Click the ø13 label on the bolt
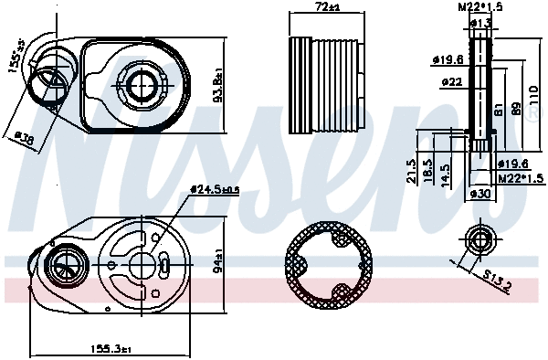(x=481, y=22)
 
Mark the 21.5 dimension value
(x=413, y=171)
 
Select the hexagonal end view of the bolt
(x=479, y=239)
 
